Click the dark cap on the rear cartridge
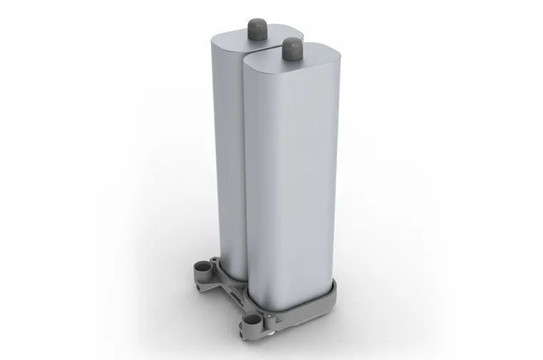257,28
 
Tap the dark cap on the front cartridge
292,48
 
